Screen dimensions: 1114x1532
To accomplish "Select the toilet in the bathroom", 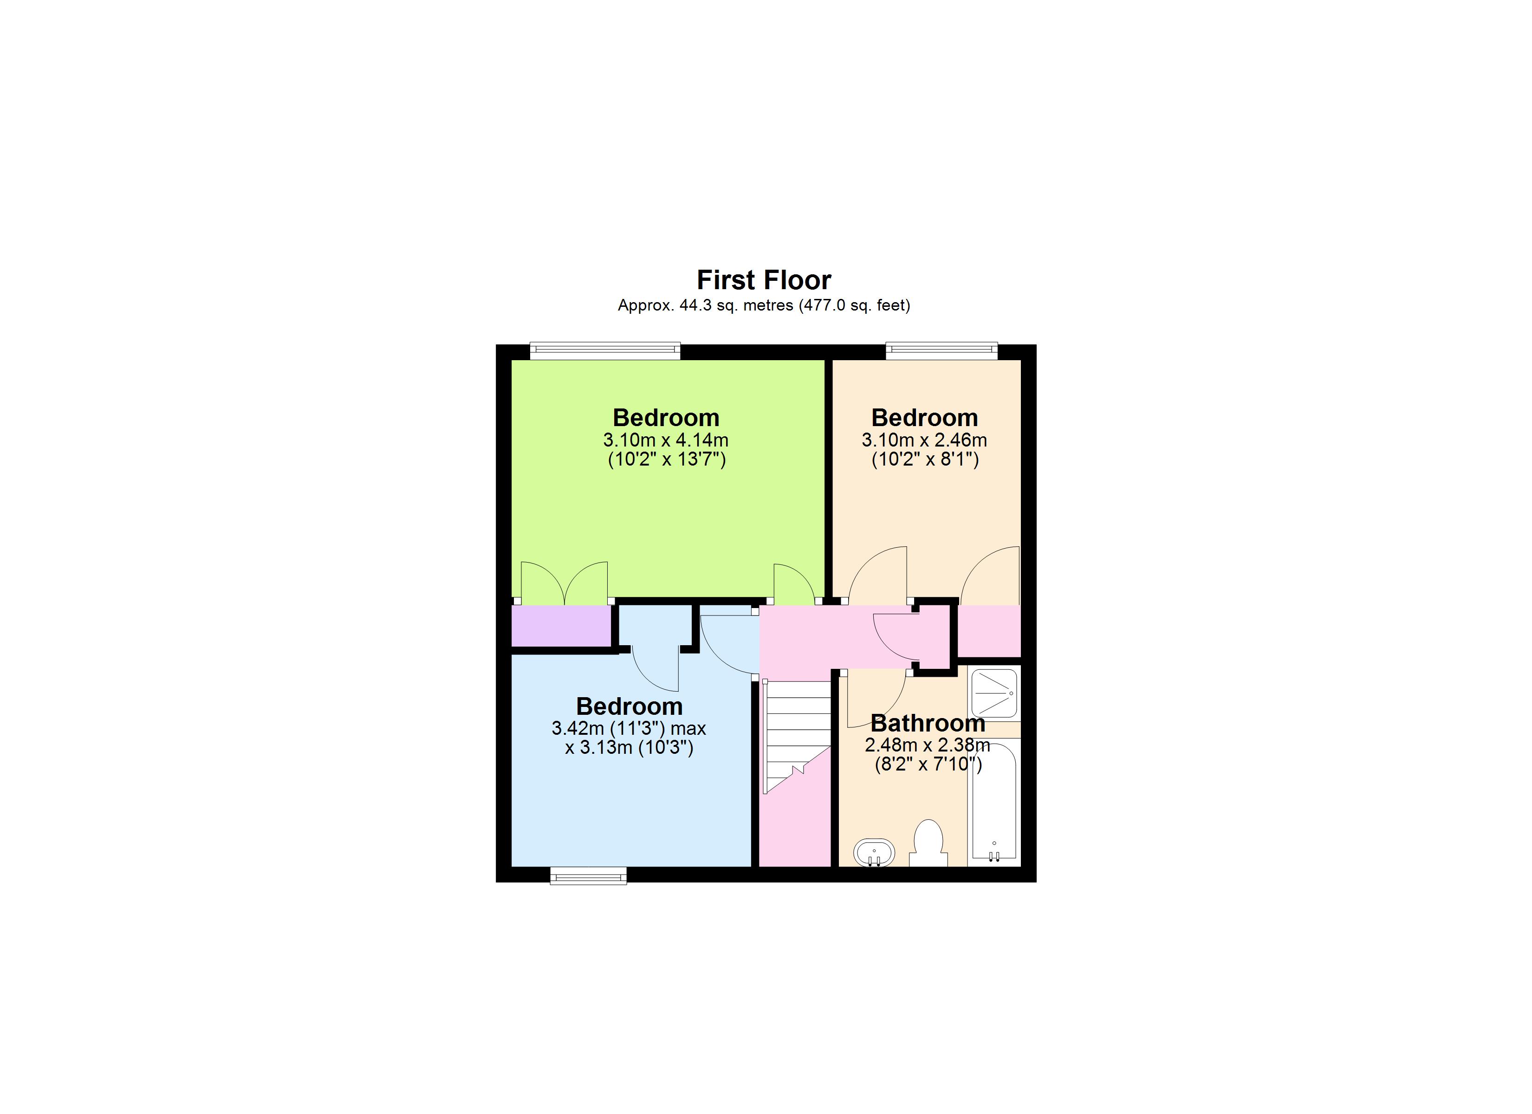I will (x=928, y=843).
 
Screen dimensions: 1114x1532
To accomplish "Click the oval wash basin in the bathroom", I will (x=874, y=853).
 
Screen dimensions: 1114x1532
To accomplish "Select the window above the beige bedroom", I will (x=941, y=350).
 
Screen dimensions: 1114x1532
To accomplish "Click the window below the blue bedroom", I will (x=588, y=877).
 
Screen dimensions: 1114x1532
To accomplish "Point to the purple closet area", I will (x=561, y=626).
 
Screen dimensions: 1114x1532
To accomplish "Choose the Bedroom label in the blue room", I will (x=629, y=706).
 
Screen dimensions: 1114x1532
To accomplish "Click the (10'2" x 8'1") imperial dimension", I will (x=925, y=460).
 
